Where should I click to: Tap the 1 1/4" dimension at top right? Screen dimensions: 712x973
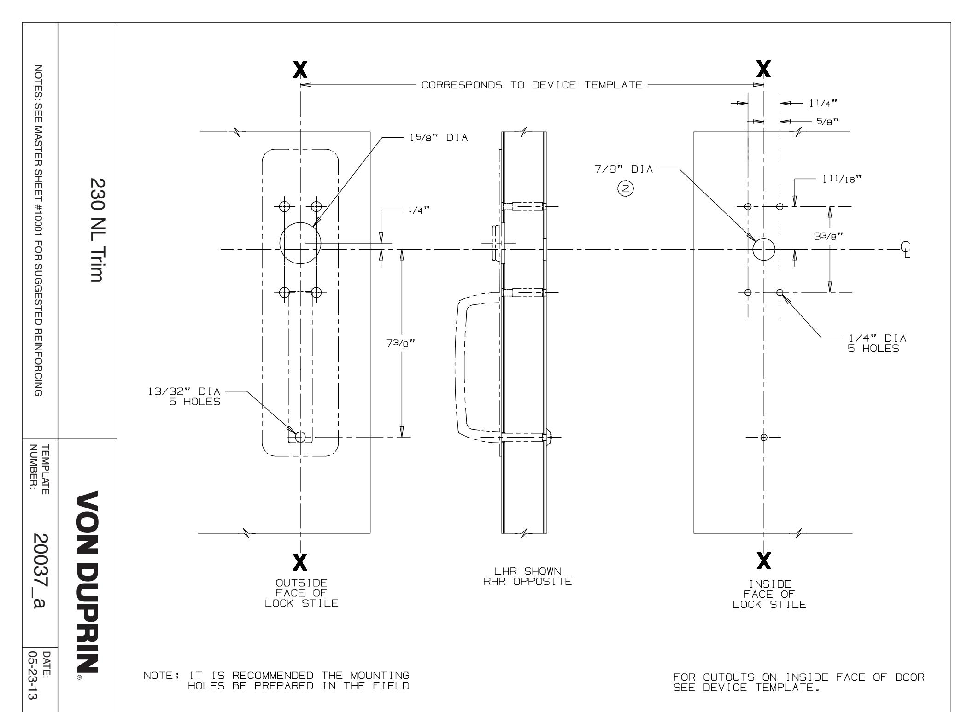tap(823, 104)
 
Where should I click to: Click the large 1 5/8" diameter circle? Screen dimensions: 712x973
tap(300, 243)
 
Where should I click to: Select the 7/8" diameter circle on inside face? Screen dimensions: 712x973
tap(764, 250)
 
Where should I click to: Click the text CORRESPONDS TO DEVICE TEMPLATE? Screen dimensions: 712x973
tap(532, 85)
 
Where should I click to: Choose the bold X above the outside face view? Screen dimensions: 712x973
tap(300, 70)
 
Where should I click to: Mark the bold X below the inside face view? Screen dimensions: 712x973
tap(764, 560)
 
